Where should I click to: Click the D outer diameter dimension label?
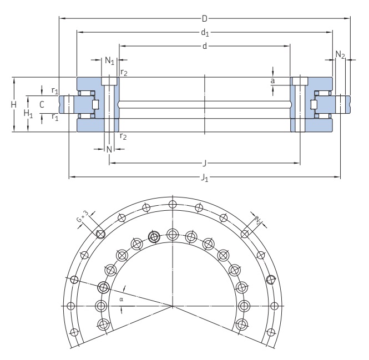204,18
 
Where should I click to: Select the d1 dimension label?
205,32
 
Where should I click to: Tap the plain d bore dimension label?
204,45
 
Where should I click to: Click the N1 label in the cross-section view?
109,60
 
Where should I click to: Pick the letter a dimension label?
272,81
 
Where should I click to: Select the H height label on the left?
13,104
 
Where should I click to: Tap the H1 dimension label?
27,113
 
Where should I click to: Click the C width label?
42,104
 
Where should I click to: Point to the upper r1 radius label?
54,90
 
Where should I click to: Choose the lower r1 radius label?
54,116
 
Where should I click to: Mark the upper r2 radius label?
123,73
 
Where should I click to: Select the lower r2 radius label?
123,136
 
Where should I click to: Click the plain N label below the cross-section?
109,149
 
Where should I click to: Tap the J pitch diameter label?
205,163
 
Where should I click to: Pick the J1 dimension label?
205,178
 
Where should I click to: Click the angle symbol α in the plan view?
122,298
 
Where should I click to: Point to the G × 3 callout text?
82,216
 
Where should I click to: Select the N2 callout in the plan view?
259,221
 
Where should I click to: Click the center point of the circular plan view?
172,306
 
